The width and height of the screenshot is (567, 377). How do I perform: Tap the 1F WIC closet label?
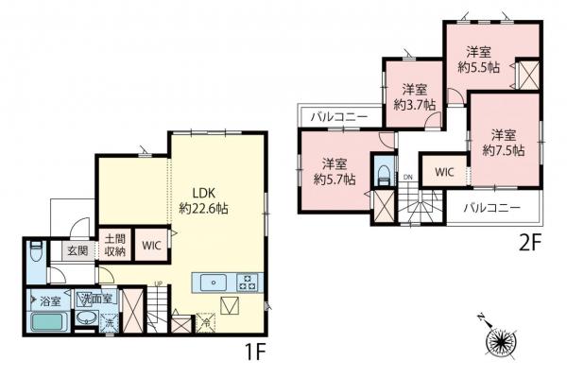point(151,245)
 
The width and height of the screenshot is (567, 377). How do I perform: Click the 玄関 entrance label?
point(77,250)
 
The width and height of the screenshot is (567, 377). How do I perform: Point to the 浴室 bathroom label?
point(49,300)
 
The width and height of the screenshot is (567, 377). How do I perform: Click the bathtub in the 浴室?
point(48,323)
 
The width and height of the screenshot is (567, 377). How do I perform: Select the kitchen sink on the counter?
point(212,282)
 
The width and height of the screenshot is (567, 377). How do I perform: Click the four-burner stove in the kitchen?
point(248,282)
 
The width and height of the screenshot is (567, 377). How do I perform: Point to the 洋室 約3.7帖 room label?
point(415,97)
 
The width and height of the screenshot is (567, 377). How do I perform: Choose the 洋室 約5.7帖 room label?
point(335,169)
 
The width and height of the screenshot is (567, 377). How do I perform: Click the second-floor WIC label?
point(443,171)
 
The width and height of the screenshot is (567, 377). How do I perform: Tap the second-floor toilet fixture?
point(383,176)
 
